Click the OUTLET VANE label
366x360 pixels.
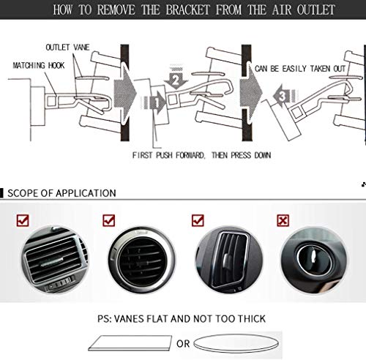[67, 48]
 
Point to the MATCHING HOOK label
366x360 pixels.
[39, 65]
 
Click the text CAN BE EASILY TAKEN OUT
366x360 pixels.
[300, 69]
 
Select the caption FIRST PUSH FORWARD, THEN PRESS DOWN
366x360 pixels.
[201, 155]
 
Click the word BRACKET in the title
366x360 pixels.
[187, 10]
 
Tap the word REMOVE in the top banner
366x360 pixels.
[116, 10]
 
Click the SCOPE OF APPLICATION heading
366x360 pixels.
[61, 193]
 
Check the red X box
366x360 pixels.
[283, 220]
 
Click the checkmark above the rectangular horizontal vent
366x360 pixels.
[23, 220]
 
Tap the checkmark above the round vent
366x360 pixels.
[109, 220]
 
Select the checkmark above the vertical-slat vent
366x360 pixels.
[198, 220]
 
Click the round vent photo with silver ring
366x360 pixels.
[141, 260]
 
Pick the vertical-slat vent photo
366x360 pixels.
[229, 260]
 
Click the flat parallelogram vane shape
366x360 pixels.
[130, 343]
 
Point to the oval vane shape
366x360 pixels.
[236, 343]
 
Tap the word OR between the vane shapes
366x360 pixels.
[183, 344]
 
